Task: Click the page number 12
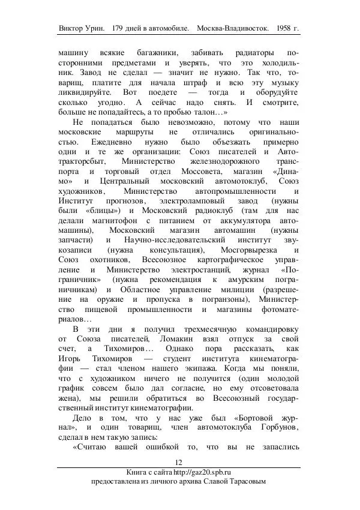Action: click(x=178, y=461)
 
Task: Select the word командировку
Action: click(x=267, y=329)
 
